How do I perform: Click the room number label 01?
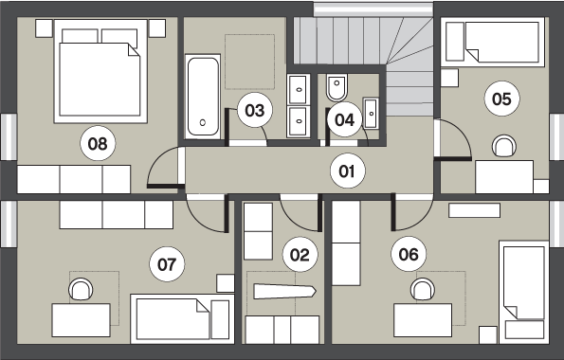(x=348, y=171)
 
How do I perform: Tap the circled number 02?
(x=300, y=254)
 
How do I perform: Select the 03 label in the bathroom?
(x=255, y=110)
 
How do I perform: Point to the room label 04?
(x=345, y=119)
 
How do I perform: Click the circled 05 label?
(x=501, y=99)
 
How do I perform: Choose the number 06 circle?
(x=409, y=254)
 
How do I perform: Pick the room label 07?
(x=167, y=264)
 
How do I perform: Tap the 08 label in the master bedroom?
(x=98, y=143)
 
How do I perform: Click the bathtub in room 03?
(x=203, y=97)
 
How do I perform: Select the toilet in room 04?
(x=337, y=87)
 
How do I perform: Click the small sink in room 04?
(x=371, y=114)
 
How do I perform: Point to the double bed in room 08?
(x=100, y=71)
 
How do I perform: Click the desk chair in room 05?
(x=504, y=146)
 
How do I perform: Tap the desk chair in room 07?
(x=81, y=289)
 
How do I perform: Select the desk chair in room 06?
(x=423, y=289)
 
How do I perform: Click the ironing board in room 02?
(x=284, y=291)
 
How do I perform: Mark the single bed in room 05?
(x=493, y=42)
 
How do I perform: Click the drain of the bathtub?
(x=203, y=122)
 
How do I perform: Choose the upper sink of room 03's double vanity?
(x=299, y=90)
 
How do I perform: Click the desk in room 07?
(x=81, y=320)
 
